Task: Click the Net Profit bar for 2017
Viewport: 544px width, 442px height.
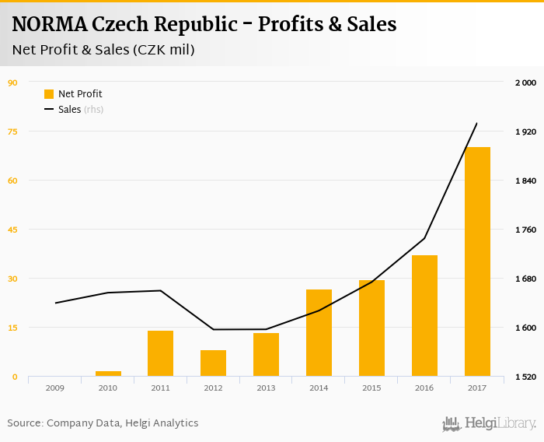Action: [477, 261]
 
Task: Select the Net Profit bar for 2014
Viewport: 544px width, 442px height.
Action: [319, 333]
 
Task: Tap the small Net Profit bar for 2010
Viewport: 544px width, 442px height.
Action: [108, 374]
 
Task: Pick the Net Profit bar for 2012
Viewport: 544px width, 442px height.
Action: [213, 363]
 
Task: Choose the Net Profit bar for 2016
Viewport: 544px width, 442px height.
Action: [424, 316]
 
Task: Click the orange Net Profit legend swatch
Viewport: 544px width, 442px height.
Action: [49, 94]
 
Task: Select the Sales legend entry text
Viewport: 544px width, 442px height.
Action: [69, 110]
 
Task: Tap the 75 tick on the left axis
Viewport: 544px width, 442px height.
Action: [12, 132]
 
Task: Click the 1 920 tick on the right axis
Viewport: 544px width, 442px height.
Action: [526, 132]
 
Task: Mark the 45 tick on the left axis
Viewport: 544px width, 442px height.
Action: [12, 230]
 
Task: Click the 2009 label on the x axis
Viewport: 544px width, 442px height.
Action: [54, 387]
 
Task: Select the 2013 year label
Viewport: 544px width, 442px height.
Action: [266, 387]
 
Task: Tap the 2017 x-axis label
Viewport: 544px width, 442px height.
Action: [477, 387]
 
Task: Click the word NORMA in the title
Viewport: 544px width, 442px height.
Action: [49, 24]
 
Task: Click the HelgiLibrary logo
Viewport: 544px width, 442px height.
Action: [490, 423]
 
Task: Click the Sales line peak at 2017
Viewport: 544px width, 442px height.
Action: [476, 124]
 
